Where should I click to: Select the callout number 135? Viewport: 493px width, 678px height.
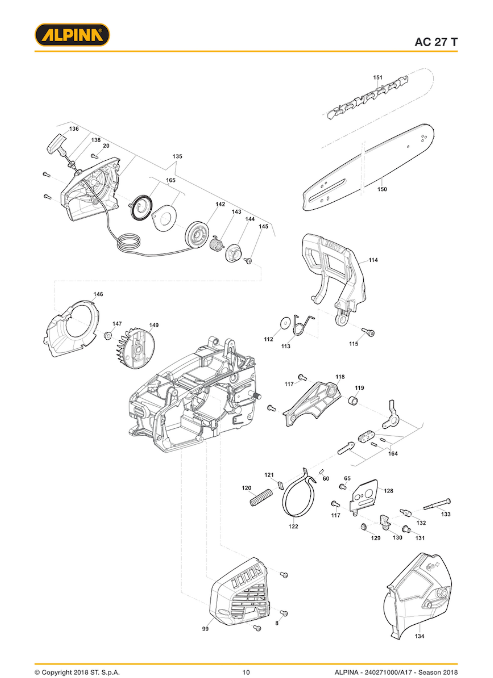click(177, 156)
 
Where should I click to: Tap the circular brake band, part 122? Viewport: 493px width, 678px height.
click(299, 500)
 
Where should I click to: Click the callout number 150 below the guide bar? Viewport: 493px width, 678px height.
click(382, 189)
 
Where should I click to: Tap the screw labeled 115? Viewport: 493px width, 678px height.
click(368, 332)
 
